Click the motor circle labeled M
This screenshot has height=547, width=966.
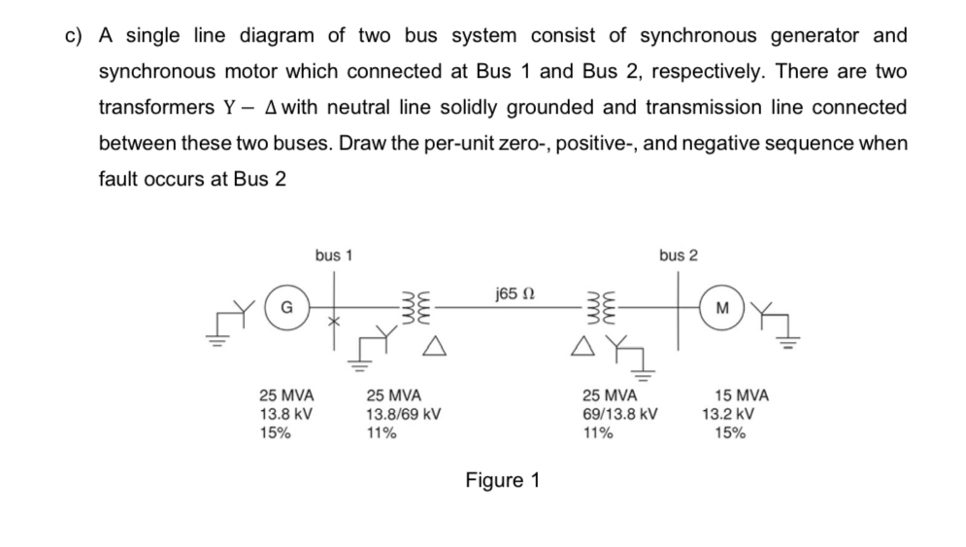tap(719, 309)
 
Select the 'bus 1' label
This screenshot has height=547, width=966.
tap(333, 256)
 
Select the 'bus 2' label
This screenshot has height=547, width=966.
tap(677, 256)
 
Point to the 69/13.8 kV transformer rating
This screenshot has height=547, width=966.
tap(620, 414)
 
